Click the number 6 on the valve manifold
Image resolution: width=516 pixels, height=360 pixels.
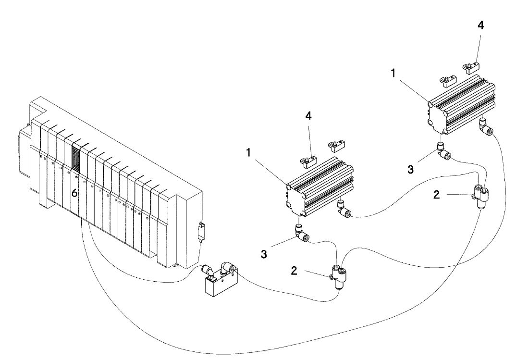click(74, 193)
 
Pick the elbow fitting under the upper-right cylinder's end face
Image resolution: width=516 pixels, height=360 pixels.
click(443, 151)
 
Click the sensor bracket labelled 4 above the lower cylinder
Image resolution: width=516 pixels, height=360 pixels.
click(308, 161)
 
